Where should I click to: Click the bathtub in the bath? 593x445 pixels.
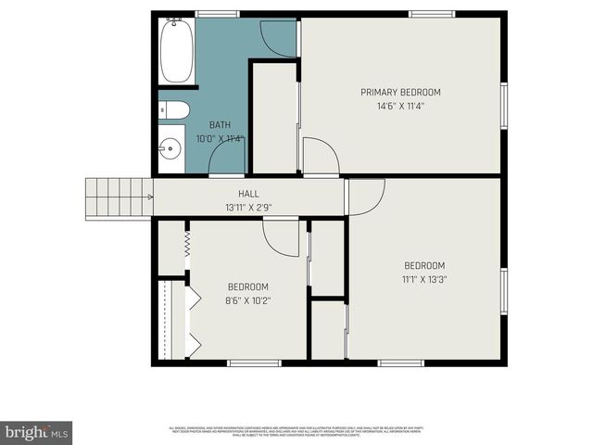pos(175,51)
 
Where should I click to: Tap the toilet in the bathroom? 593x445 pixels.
pos(174,111)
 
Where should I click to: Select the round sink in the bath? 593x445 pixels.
pos(170,149)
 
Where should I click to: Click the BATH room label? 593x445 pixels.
pos(220,125)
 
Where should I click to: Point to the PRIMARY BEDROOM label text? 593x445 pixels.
pos(400,93)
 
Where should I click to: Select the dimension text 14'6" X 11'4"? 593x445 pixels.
pos(400,107)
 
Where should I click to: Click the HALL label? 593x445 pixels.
pos(247,194)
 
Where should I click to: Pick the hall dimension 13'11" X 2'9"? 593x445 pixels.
pos(247,208)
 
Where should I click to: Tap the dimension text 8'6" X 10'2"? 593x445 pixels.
pos(247,300)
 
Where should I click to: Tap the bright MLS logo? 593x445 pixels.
pos(37,432)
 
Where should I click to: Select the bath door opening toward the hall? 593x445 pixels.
pos(228,161)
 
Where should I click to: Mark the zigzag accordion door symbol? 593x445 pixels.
pos(188,244)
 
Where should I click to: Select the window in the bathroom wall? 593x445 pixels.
pos(218,13)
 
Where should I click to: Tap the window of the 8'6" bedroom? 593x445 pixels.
pos(254,363)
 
